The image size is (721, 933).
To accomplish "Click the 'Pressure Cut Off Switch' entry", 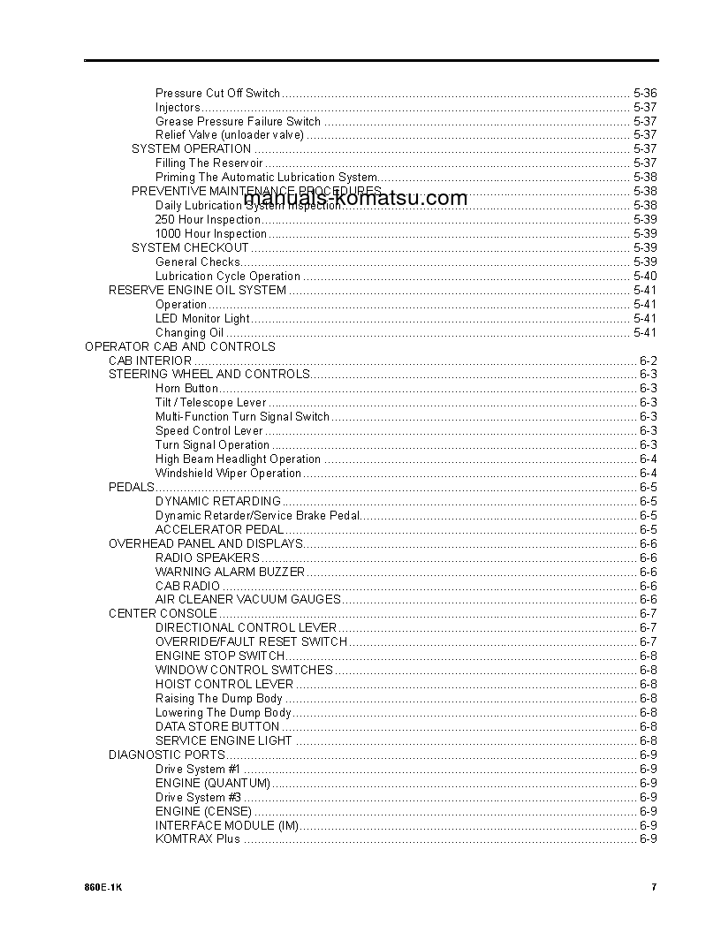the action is [217, 93].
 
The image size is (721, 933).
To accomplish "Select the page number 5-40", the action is [645, 277].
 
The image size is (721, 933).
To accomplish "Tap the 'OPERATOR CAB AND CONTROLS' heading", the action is [179, 347].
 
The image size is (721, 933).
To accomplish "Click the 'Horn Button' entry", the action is [186, 389].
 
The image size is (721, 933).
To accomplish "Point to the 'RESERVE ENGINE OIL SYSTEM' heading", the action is [197, 291].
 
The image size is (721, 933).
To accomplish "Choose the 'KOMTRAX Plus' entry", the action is [197, 839].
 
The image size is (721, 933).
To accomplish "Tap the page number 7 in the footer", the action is [654, 888].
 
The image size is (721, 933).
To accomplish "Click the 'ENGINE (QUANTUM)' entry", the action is [212, 783].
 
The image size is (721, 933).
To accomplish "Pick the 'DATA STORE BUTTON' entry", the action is [217, 726].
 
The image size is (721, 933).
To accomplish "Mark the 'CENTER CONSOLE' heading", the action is [163, 613].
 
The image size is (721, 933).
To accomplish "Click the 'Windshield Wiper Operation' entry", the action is [228, 474].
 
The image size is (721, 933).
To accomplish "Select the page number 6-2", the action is [648, 361].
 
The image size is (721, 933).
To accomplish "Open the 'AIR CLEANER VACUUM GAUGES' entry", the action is [247, 599].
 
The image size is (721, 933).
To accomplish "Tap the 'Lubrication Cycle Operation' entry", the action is [228, 277].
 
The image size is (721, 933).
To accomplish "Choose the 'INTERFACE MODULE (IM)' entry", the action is [227, 825].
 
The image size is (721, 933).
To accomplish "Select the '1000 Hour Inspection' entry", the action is [210, 234].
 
